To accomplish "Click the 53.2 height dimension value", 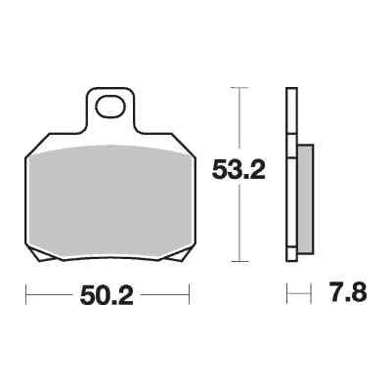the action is point(239,169).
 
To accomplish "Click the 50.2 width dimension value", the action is point(107,295).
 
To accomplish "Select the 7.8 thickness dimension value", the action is point(347,292).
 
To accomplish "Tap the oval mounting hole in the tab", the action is point(110,107).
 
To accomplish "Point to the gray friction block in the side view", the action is point(306,198).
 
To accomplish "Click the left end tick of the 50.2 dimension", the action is point(25,294).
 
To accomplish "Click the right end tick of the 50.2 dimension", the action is point(190,294).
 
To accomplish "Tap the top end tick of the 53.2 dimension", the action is point(239,88).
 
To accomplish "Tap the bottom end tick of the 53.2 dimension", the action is point(239,261).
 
